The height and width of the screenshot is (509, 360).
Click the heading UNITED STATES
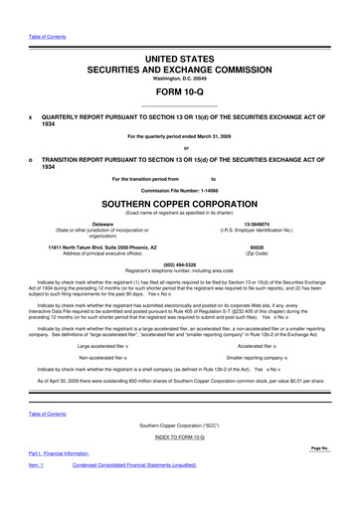click(180, 61)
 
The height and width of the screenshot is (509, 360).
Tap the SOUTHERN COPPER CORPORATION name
click(180, 212)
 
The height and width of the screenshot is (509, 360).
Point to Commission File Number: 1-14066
click(180, 190)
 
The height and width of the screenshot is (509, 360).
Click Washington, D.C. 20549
click(180, 79)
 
